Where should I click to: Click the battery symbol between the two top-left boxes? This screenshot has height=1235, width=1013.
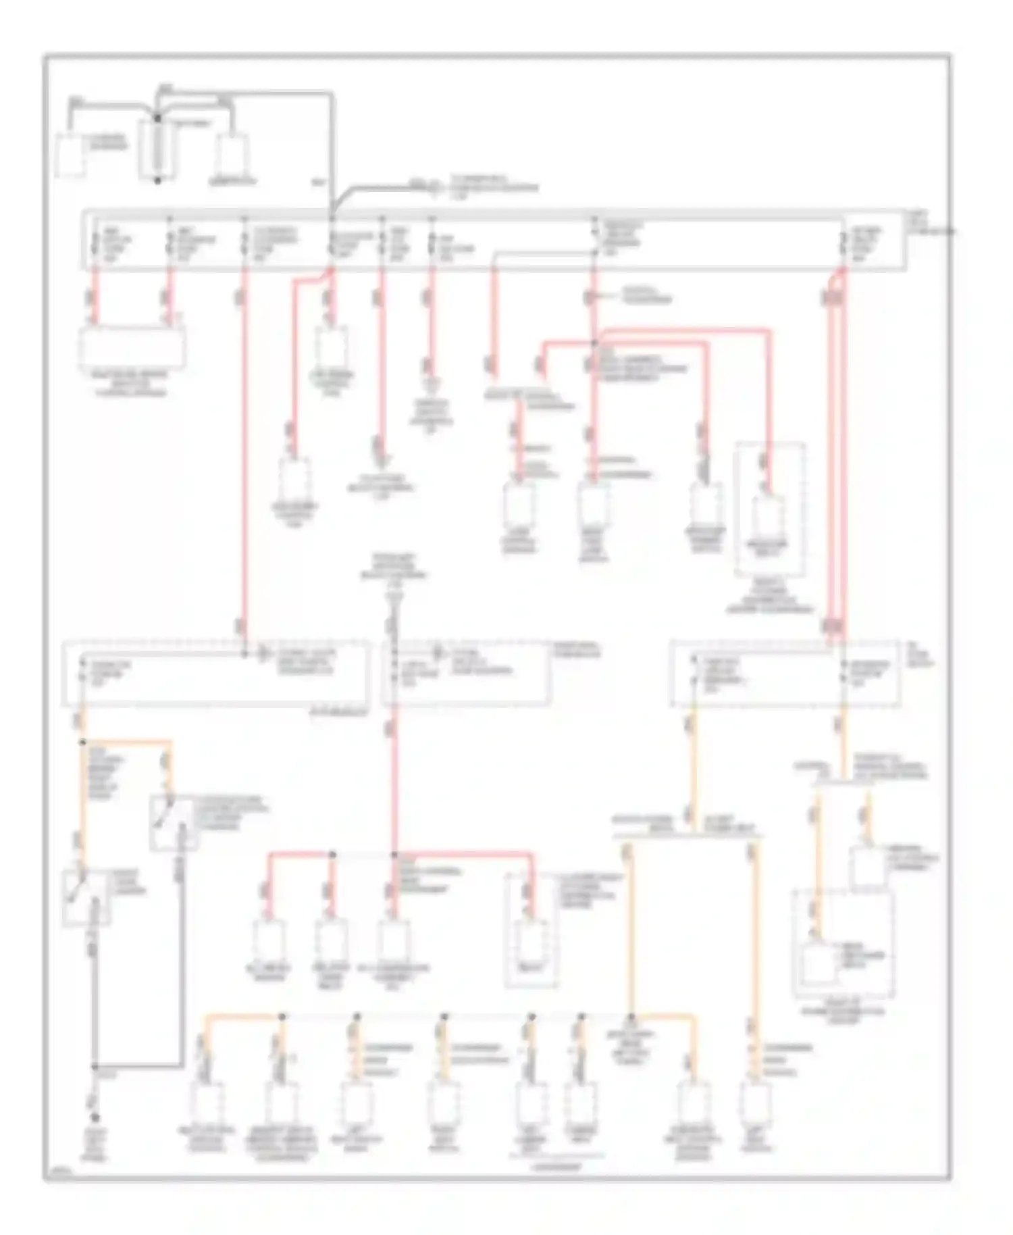(x=157, y=150)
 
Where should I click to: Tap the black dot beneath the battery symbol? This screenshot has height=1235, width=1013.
(x=157, y=180)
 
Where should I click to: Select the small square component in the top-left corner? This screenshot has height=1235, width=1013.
(x=70, y=156)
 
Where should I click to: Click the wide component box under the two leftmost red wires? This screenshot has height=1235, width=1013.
(x=132, y=347)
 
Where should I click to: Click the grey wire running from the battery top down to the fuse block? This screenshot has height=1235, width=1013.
(x=332, y=149)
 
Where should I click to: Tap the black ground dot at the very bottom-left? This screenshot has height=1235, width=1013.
(x=95, y=1118)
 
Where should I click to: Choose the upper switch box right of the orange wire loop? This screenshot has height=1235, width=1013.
(x=174, y=823)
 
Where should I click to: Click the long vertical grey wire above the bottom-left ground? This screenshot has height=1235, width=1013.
(x=95, y=1000)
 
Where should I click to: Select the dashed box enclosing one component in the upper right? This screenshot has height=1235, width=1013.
(x=769, y=510)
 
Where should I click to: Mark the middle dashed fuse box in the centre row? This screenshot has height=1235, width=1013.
(x=466, y=674)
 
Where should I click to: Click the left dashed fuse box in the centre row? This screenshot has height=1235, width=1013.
(x=216, y=674)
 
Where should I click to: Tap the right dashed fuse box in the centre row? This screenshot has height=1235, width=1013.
(x=785, y=674)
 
